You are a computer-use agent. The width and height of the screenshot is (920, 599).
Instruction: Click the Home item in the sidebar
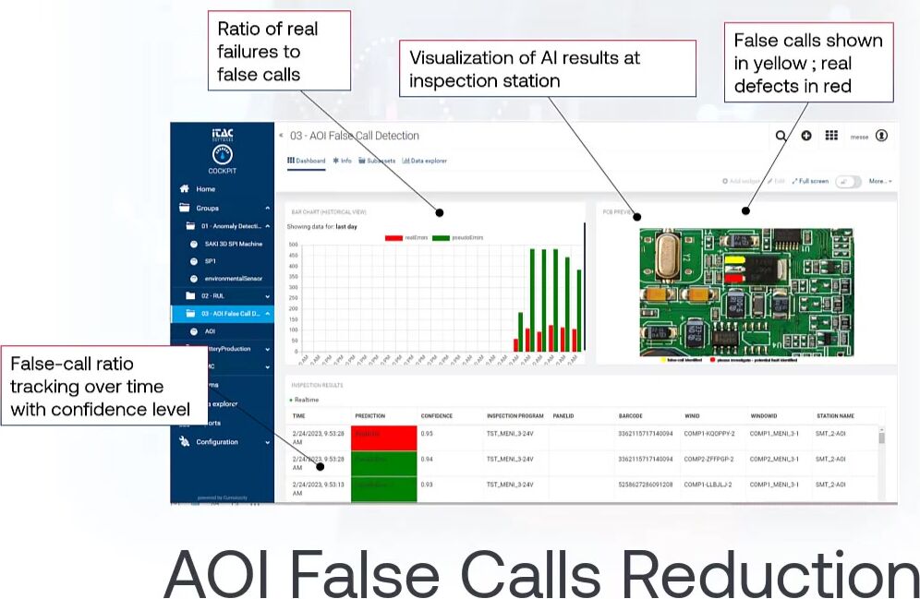(205, 189)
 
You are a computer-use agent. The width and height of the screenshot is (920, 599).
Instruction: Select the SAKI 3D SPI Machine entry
(233, 245)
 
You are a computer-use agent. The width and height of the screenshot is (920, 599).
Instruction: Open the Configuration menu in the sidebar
(217, 442)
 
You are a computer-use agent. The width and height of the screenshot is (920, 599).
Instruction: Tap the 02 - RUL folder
(212, 296)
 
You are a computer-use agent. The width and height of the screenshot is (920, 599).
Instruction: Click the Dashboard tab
(307, 161)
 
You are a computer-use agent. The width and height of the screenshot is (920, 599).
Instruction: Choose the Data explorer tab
(425, 161)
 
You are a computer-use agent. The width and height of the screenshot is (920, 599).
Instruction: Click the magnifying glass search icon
(781, 136)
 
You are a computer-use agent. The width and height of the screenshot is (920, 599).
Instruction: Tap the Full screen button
(810, 181)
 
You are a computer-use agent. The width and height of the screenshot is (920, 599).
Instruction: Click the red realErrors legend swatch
(393, 238)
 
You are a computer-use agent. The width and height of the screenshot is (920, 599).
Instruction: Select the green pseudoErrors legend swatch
(441, 238)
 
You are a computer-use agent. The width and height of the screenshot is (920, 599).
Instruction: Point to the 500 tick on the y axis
(294, 246)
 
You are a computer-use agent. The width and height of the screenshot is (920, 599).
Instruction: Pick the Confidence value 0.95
(428, 433)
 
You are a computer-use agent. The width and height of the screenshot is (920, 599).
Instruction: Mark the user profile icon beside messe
(881, 136)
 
